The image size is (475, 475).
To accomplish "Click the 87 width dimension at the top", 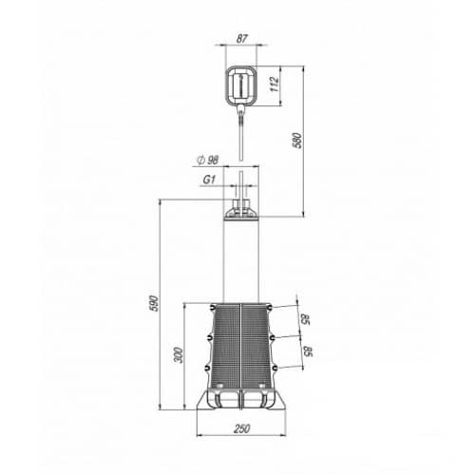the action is pyautogui.click(x=241, y=39).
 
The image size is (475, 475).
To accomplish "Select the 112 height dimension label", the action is pyautogui.click(x=275, y=84).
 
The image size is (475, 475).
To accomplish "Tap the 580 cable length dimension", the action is pyautogui.click(x=297, y=141).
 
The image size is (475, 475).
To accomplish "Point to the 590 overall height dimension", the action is pyautogui.click(x=154, y=303).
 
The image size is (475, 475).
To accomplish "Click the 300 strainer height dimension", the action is pyautogui.click(x=179, y=355).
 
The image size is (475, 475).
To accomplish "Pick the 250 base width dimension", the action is pyautogui.click(x=242, y=428).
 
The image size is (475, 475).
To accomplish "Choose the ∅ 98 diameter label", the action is pyautogui.click(x=208, y=160).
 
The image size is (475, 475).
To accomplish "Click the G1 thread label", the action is pyautogui.click(x=209, y=180).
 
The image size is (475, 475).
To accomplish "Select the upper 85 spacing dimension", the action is pyautogui.click(x=305, y=319).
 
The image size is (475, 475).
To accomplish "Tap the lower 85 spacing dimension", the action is pyautogui.click(x=308, y=351).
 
